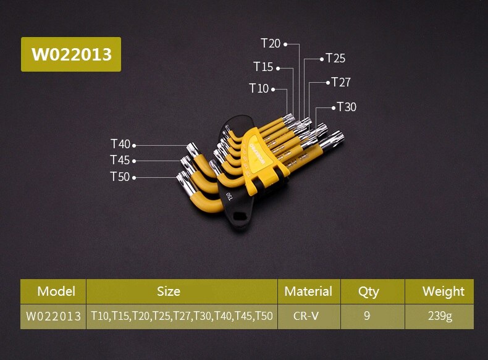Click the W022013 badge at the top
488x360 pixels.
coord(71,54)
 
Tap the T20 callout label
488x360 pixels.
coord(271,43)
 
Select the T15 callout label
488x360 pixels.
coord(263,67)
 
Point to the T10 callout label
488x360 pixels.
coord(259,88)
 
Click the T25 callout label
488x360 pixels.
coord(335,59)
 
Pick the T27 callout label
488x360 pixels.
coord(341,82)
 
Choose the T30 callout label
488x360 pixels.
coord(347,107)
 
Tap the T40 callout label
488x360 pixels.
coord(120,144)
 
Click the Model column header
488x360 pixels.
coord(56,291)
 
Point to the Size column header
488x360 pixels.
coord(168,291)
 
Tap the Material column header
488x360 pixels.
coord(308,291)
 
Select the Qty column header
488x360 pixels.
coord(368,291)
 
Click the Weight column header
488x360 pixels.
coord(443,291)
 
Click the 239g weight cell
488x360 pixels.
coord(440,316)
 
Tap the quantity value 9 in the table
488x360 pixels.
coord(367,316)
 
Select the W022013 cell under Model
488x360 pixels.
coord(53,316)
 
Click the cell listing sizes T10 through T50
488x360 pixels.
coord(182,316)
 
